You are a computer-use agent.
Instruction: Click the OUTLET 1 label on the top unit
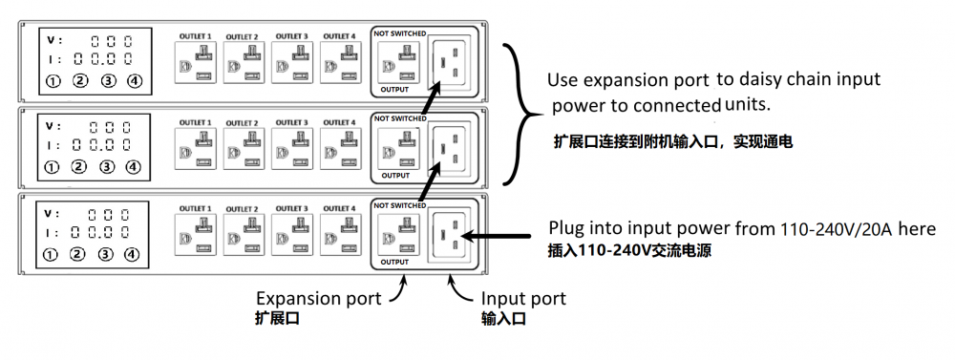[x=195, y=36]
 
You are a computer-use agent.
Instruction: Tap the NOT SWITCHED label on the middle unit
[x=399, y=118]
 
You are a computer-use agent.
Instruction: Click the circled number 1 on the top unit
[x=52, y=81]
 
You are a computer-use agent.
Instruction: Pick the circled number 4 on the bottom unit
[x=134, y=254]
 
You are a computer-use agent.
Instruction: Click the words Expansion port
[x=318, y=299]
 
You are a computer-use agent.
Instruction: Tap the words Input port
[x=523, y=299]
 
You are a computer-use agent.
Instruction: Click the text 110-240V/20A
[x=835, y=229]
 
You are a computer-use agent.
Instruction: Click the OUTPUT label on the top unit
[x=394, y=90]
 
